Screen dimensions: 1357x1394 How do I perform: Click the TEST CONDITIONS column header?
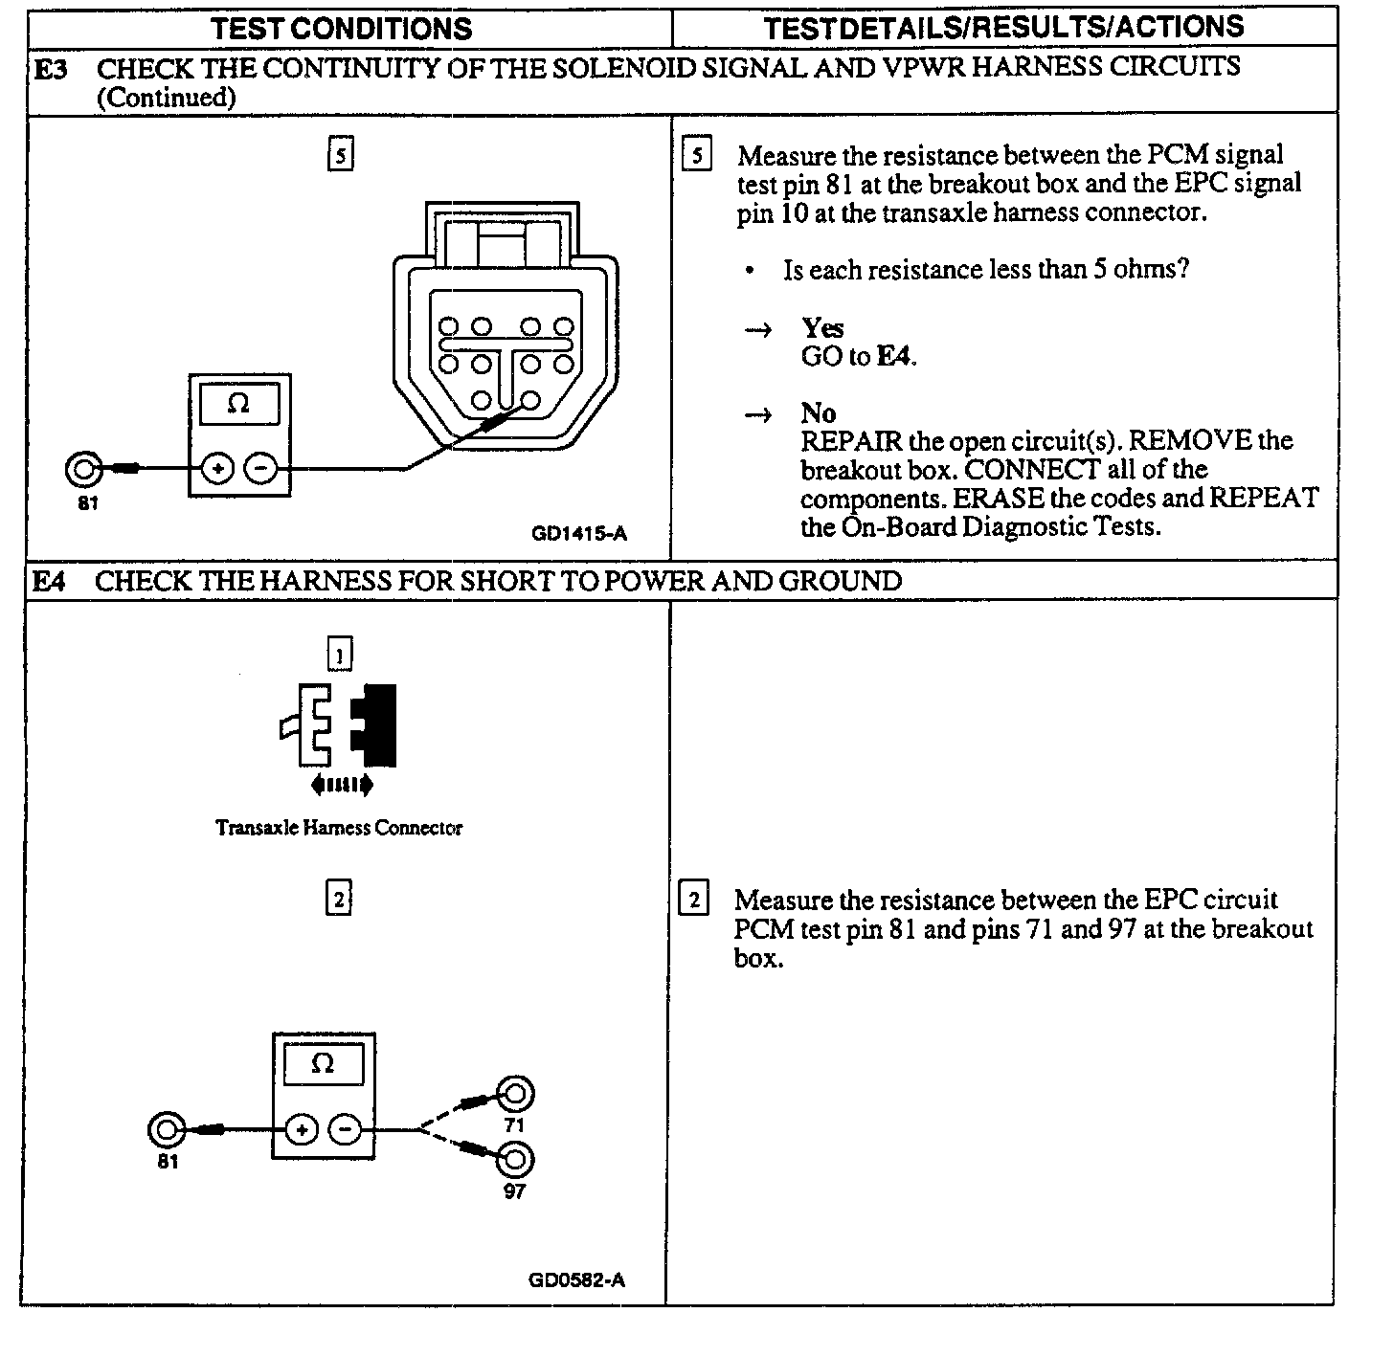point(342,28)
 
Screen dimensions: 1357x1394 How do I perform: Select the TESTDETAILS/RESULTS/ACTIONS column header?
point(1003,27)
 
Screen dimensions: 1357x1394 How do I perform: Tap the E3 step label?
point(51,69)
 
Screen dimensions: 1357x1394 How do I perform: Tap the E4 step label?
point(50,581)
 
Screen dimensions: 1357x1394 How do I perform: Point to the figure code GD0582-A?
point(576,1280)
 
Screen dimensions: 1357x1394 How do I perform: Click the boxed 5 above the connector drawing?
point(340,154)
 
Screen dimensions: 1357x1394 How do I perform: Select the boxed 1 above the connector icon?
point(340,655)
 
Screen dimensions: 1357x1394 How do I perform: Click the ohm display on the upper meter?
point(238,404)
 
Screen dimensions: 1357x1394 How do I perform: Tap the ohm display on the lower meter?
point(323,1064)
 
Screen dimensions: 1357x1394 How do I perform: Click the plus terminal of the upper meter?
point(218,469)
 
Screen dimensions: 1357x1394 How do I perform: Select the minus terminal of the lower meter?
point(346,1130)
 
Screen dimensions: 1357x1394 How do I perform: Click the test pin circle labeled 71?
point(515,1094)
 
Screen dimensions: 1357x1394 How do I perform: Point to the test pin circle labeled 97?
point(515,1160)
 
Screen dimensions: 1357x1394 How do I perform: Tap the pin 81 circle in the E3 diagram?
point(83,469)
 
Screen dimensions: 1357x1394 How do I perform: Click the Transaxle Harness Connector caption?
point(339,828)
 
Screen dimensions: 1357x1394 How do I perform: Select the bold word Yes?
point(822,328)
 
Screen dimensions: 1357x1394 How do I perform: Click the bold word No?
point(819,413)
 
